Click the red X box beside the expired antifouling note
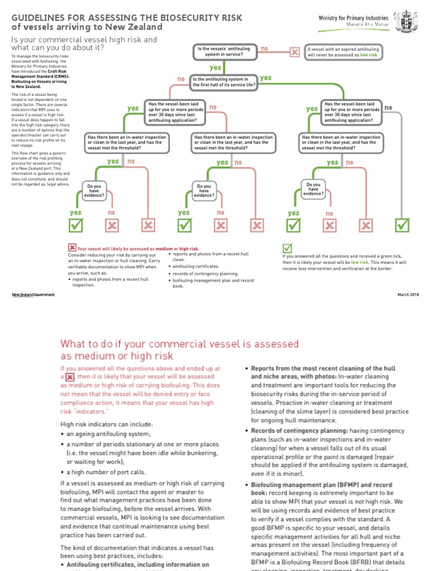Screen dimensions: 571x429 pos(294,52)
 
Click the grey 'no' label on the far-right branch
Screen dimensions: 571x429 pos(388,108)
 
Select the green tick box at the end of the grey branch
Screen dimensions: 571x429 pos(402,225)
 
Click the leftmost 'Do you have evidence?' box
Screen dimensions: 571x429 pos(94,190)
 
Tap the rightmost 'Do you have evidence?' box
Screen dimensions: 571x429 pos(313,188)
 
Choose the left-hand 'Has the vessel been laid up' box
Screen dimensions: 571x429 pos(174,112)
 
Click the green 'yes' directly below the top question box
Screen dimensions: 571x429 pos(215,67)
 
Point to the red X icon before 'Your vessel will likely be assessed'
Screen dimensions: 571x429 pos(72,248)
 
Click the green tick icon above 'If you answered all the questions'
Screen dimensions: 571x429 pos(287,248)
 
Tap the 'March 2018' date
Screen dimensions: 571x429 pos(408,294)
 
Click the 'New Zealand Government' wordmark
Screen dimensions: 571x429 pos(34,294)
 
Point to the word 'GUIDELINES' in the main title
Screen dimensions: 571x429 pos(38,18)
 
